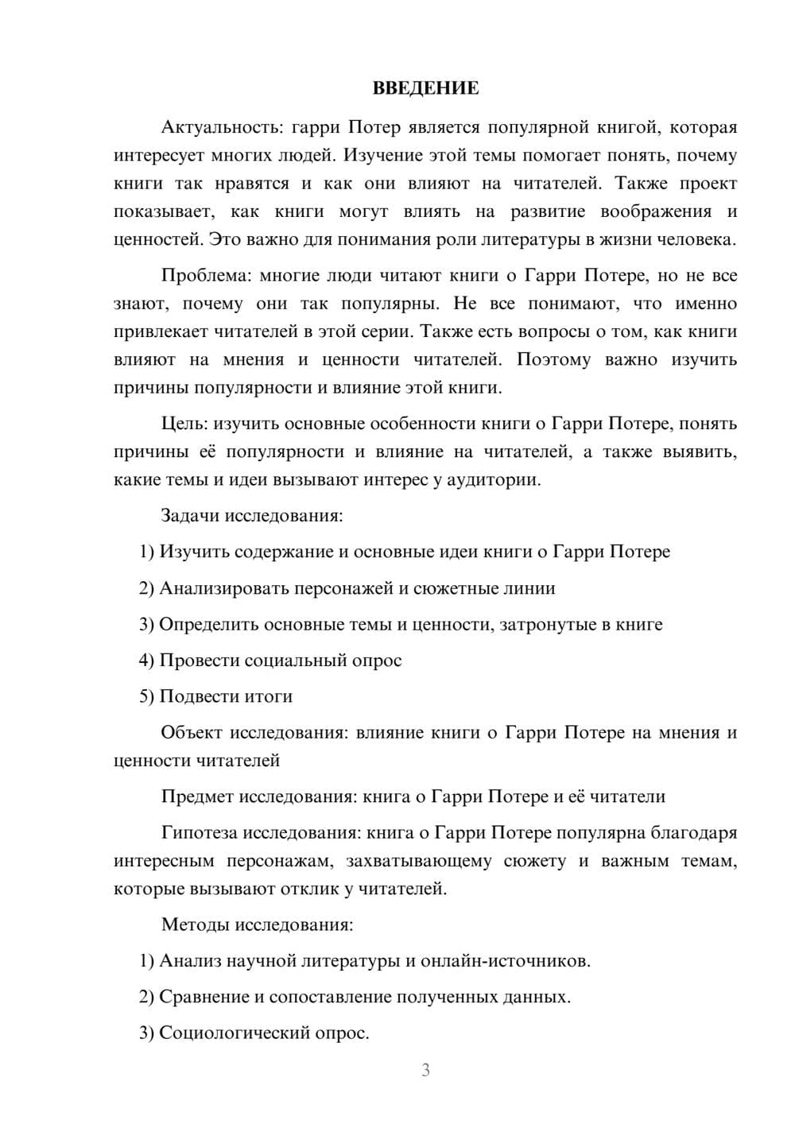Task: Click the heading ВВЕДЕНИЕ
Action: (x=425, y=88)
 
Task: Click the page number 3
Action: (x=425, y=1070)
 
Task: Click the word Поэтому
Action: (x=553, y=359)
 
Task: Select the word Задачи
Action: (x=190, y=516)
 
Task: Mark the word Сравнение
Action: (x=204, y=997)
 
